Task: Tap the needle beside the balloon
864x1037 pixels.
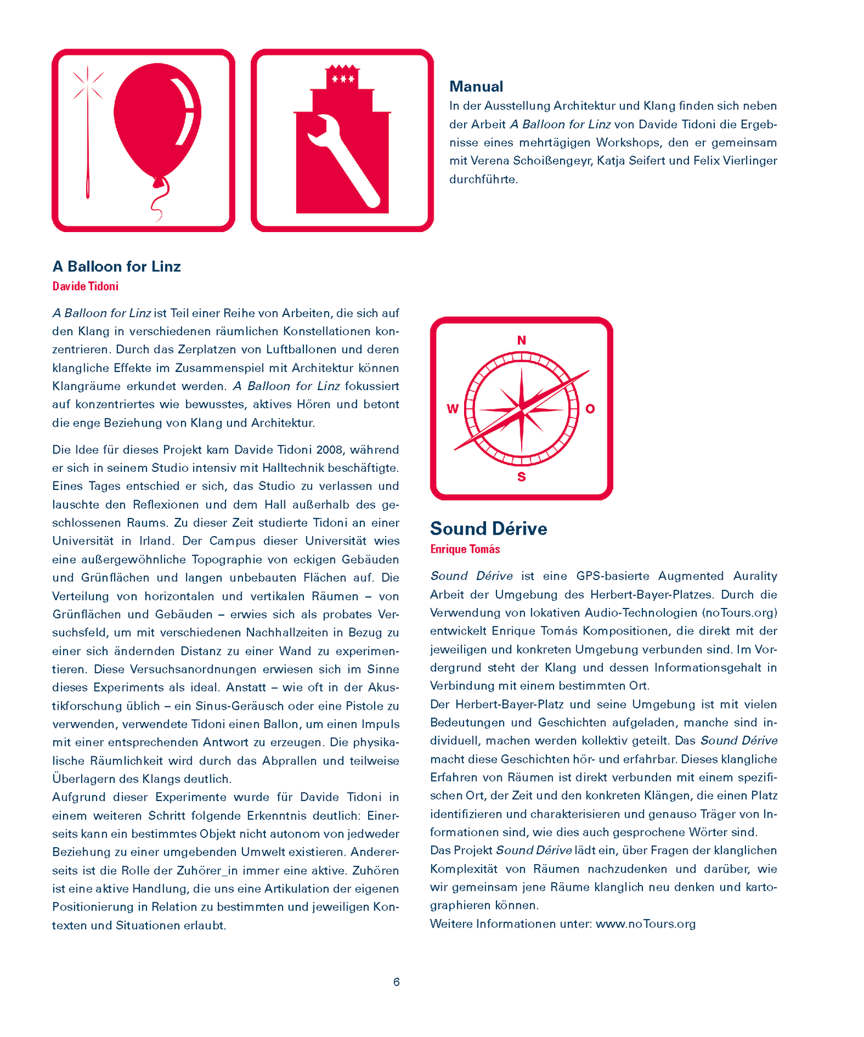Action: tap(88, 149)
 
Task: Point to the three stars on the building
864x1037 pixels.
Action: tap(343, 79)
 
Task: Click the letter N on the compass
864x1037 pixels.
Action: tap(522, 340)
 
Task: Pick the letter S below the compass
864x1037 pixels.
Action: tap(522, 478)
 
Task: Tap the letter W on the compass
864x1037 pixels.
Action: tap(452, 409)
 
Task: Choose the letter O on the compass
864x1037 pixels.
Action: tap(590, 409)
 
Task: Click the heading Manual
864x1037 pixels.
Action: tap(476, 86)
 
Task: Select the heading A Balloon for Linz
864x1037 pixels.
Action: tap(117, 266)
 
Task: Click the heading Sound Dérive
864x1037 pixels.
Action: tap(489, 529)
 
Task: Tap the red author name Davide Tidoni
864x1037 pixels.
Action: tap(86, 286)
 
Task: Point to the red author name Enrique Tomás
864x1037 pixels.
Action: tap(465, 549)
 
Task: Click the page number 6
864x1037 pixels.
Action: tap(397, 982)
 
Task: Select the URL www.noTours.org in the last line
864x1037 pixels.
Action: tap(646, 924)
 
